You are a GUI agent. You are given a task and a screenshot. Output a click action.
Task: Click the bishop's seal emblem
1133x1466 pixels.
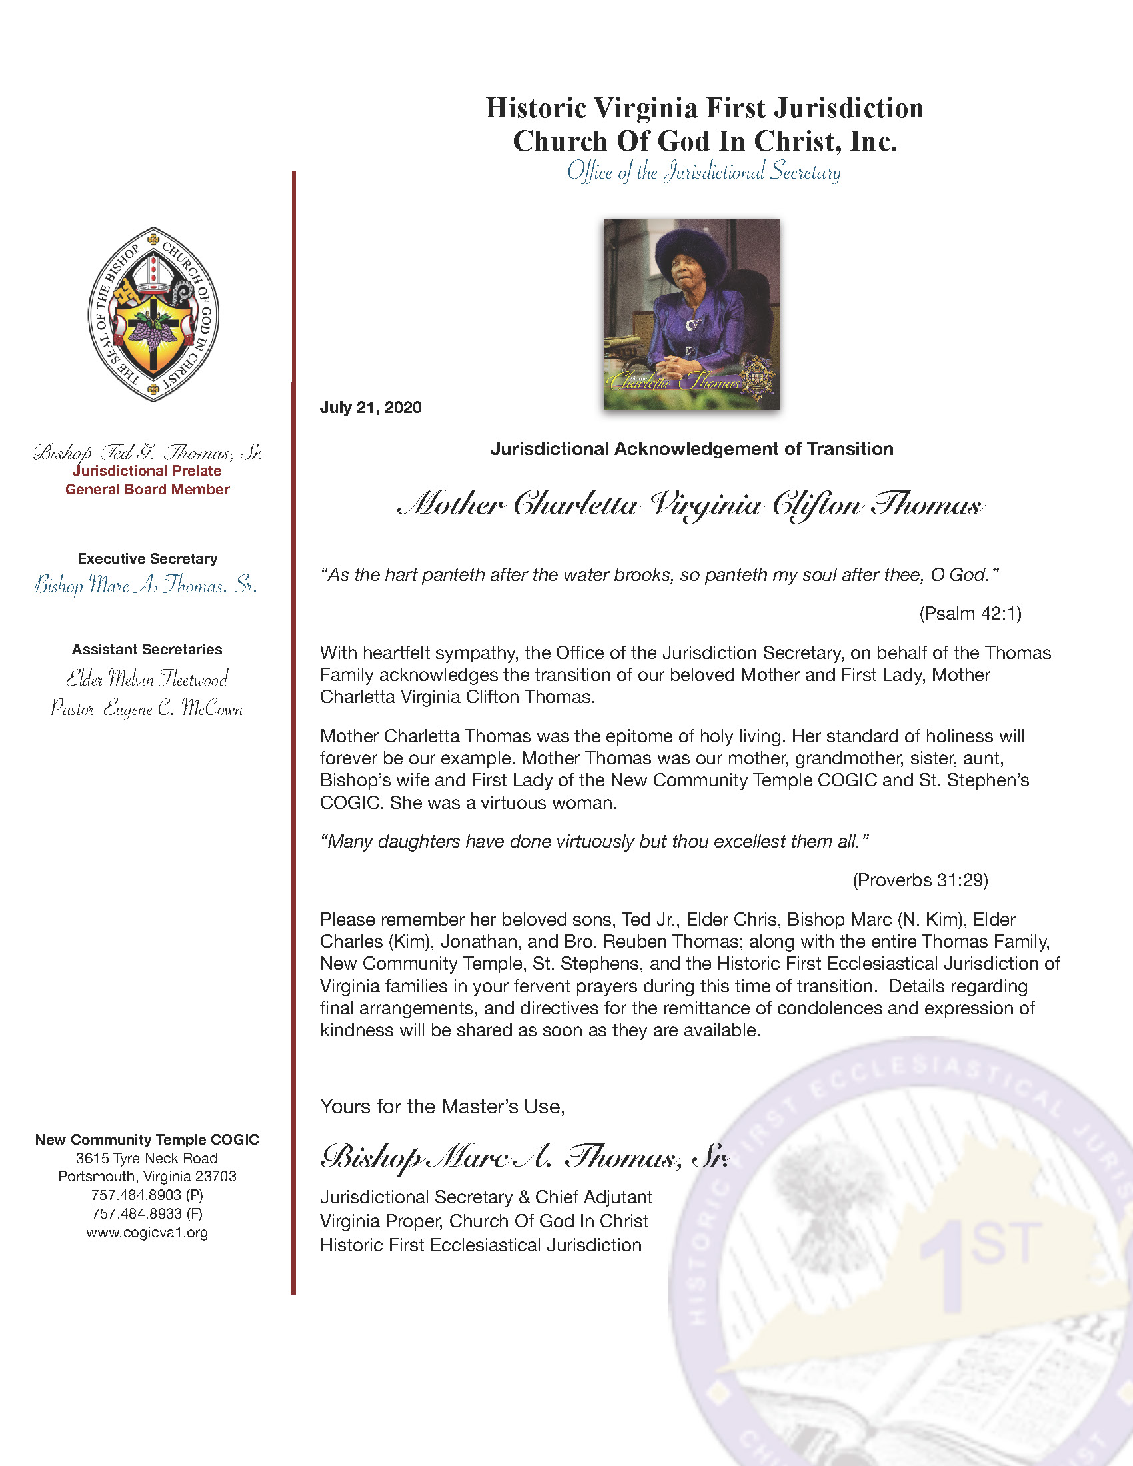point(153,313)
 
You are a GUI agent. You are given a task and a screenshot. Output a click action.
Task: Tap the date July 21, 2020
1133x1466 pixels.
point(371,407)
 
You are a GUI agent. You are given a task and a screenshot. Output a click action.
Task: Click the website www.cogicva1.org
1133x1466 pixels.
point(147,1232)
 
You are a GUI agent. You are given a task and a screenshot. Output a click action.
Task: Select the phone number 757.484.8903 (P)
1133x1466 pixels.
point(147,1195)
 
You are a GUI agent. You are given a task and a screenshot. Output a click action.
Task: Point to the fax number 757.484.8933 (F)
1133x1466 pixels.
point(147,1213)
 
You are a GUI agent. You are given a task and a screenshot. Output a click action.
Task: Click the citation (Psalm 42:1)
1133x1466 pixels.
point(970,613)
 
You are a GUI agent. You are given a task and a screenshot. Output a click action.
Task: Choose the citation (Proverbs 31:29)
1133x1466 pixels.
point(920,880)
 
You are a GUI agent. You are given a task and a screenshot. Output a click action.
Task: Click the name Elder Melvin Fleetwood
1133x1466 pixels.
point(147,678)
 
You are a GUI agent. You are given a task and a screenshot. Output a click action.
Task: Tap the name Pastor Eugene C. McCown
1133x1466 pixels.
point(147,708)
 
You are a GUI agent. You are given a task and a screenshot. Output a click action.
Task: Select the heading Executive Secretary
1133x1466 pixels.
point(147,558)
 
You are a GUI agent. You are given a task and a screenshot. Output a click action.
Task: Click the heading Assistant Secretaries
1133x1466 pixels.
point(147,649)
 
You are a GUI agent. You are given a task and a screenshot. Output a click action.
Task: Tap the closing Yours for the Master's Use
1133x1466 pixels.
point(443,1106)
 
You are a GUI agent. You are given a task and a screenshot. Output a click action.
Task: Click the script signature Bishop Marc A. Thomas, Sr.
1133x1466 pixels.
point(524,1156)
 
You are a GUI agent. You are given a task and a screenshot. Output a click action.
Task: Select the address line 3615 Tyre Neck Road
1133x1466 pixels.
point(147,1158)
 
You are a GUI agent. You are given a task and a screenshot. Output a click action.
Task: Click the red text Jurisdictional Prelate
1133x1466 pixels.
point(147,470)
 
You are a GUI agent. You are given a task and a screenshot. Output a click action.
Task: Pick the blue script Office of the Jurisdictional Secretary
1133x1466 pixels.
point(704,172)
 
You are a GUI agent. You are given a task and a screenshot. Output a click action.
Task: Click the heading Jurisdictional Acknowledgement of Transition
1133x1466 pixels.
point(691,448)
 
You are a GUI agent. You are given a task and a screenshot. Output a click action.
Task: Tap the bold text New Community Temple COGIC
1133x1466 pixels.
point(147,1139)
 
